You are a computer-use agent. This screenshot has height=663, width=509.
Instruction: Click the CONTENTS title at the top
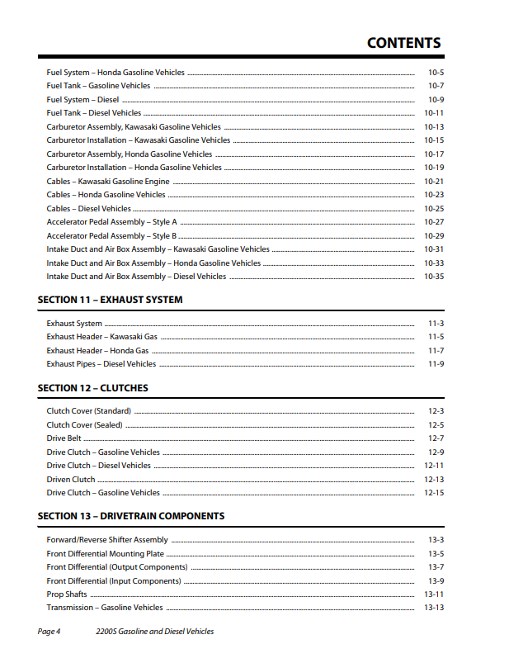coord(403,43)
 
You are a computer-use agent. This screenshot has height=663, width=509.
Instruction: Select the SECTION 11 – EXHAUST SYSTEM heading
coord(111,300)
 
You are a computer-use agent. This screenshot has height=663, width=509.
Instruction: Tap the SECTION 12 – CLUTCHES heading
coord(93,388)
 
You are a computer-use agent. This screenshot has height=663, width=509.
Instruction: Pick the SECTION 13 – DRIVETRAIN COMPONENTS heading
coord(131,516)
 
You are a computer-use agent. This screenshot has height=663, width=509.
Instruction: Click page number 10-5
coord(436,73)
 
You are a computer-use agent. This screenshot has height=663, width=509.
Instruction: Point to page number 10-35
coord(434,277)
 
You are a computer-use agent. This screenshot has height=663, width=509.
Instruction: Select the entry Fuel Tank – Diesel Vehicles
coord(94,113)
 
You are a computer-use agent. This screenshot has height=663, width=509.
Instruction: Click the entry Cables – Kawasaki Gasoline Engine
coord(108,182)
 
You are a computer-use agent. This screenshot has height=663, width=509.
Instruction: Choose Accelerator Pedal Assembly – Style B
coord(111,236)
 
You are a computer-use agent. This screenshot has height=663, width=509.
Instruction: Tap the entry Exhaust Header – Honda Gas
coord(97,351)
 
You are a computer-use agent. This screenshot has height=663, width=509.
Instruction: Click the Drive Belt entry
coord(64,438)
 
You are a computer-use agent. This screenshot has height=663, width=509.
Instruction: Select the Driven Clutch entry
coord(71,480)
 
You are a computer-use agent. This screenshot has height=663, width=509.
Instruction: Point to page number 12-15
coord(434,493)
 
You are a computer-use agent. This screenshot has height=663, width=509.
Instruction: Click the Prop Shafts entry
coord(67,594)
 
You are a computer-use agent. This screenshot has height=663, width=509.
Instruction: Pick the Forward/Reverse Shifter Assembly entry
coord(107,540)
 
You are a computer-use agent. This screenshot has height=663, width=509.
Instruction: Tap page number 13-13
coord(434,608)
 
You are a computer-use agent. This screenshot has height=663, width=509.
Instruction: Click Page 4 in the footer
coord(49,632)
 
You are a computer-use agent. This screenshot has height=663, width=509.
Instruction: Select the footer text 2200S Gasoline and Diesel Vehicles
coord(155,632)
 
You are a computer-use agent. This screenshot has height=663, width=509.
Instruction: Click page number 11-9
coord(436,364)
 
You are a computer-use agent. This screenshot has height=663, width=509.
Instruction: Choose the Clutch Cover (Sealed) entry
coord(84,425)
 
